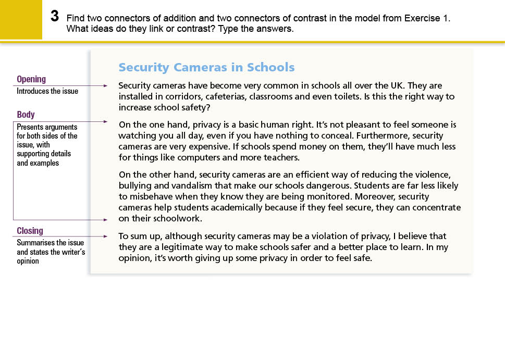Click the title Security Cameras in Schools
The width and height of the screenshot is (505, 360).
point(206,67)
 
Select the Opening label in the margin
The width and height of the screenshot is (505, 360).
point(31,79)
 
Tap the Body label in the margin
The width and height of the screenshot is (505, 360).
point(26,115)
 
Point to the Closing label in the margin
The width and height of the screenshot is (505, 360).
point(30,231)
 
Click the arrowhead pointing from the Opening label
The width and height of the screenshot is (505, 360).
point(105,85)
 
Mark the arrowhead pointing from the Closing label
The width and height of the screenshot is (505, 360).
point(105,237)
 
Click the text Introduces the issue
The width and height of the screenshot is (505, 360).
point(47,91)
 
